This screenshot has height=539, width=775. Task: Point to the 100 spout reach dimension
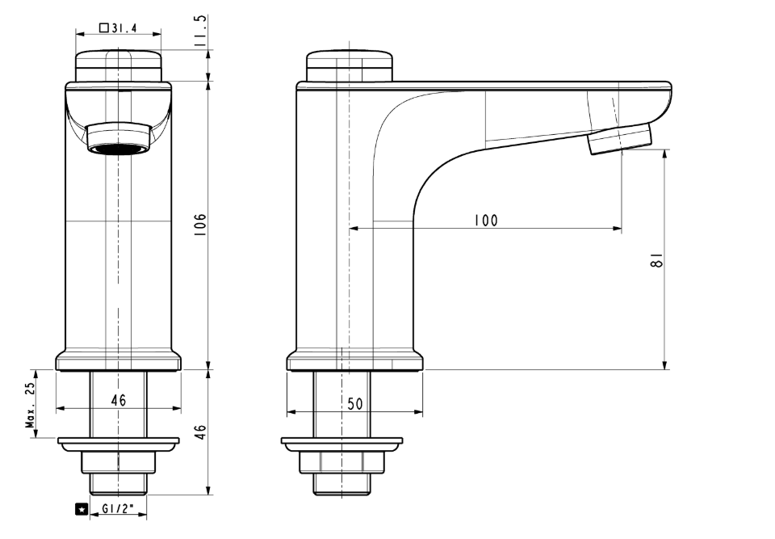point(486,220)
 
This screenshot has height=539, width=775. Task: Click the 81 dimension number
point(658,259)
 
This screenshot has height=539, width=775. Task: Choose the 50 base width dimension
point(355,404)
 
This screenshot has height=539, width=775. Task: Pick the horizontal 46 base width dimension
point(119,400)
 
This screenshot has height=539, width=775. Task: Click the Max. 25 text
point(31,406)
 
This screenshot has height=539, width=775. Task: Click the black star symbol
point(81,509)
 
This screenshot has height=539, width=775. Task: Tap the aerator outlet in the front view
point(119,148)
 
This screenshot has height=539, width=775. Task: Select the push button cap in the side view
point(350,65)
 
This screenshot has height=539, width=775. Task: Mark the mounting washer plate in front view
point(118,444)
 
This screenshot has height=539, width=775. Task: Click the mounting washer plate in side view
point(341,444)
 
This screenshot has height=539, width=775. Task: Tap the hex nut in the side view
point(341,462)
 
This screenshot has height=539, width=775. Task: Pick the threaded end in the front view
point(118,484)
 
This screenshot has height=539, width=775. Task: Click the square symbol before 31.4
point(104,27)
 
